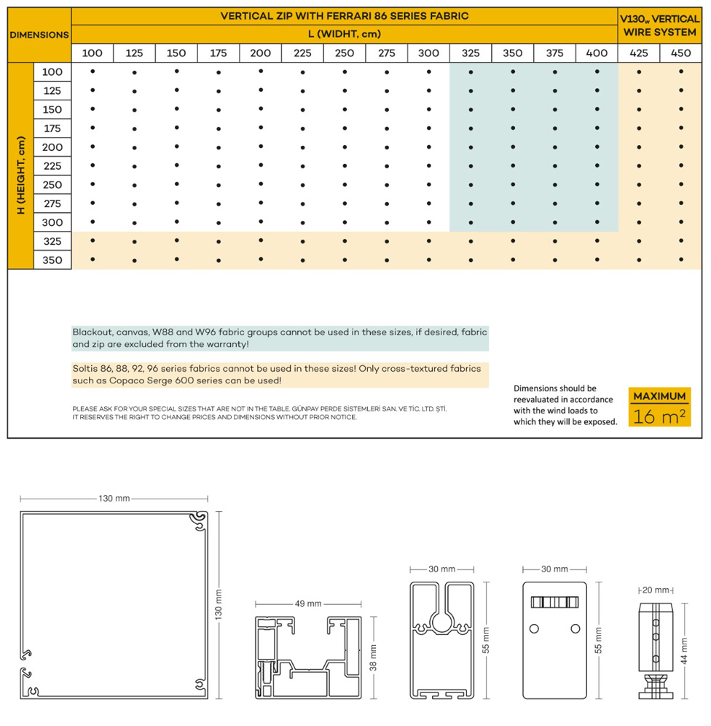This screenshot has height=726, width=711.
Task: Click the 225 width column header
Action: (302, 53)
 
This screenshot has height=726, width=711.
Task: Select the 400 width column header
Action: (597, 53)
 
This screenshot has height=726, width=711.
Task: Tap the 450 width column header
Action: (680, 53)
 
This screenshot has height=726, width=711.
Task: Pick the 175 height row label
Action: (52, 128)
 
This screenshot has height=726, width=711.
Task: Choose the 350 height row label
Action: (52, 260)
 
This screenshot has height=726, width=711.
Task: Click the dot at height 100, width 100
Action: (93, 71)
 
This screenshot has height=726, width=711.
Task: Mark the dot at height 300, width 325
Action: (471, 222)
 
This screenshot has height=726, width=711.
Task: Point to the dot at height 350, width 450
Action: (680, 259)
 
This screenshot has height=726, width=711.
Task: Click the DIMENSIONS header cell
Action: (39, 34)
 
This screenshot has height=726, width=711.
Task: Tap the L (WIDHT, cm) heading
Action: (344, 34)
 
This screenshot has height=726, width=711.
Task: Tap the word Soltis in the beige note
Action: (85, 369)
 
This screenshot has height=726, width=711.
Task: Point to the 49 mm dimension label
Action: (309, 604)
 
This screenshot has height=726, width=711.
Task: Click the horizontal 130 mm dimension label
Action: (114, 499)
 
